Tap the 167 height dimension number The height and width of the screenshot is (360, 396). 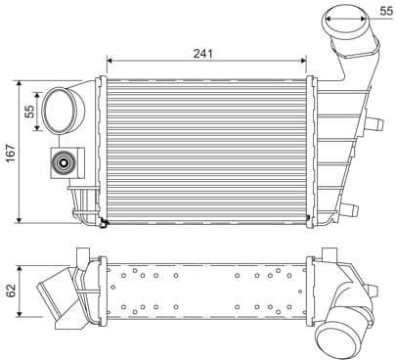pyautogui.click(x=11, y=153)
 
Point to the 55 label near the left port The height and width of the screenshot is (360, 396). pyautogui.click(x=29, y=112)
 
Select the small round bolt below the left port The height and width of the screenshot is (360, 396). pyautogui.click(x=65, y=163)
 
